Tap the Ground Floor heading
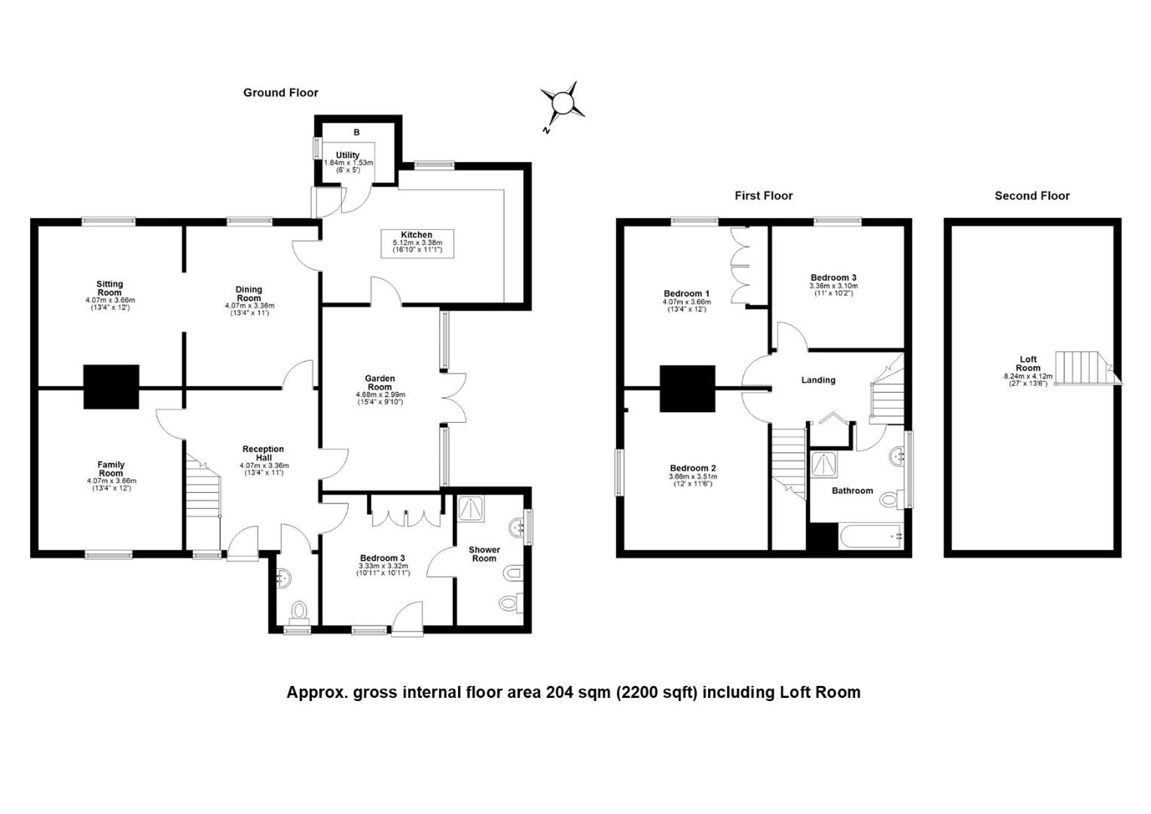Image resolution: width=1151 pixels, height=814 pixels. tap(280, 93)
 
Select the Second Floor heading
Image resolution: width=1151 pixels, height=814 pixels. tap(1032, 195)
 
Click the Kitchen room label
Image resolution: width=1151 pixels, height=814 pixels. tap(417, 235)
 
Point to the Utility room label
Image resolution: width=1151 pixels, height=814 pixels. tap(348, 155)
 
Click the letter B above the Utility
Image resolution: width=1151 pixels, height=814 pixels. tap(356, 132)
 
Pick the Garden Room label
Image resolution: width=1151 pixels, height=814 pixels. tap(380, 383)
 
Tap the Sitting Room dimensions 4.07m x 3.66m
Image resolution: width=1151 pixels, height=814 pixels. tap(110, 300)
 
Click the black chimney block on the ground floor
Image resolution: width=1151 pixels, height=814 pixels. tap(111, 387)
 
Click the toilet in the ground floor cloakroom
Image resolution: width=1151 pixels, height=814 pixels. tap(298, 611)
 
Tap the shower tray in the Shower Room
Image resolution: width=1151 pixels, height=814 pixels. tap(470, 508)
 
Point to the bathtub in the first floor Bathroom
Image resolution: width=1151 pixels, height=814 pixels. tap(872, 537)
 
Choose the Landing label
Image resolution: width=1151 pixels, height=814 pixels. tap(818, 380)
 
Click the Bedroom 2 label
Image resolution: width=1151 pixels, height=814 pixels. tap(693, 468)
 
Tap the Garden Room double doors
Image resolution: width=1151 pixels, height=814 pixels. tap(453, 398)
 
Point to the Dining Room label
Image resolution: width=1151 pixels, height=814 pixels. tap(249, 294)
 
